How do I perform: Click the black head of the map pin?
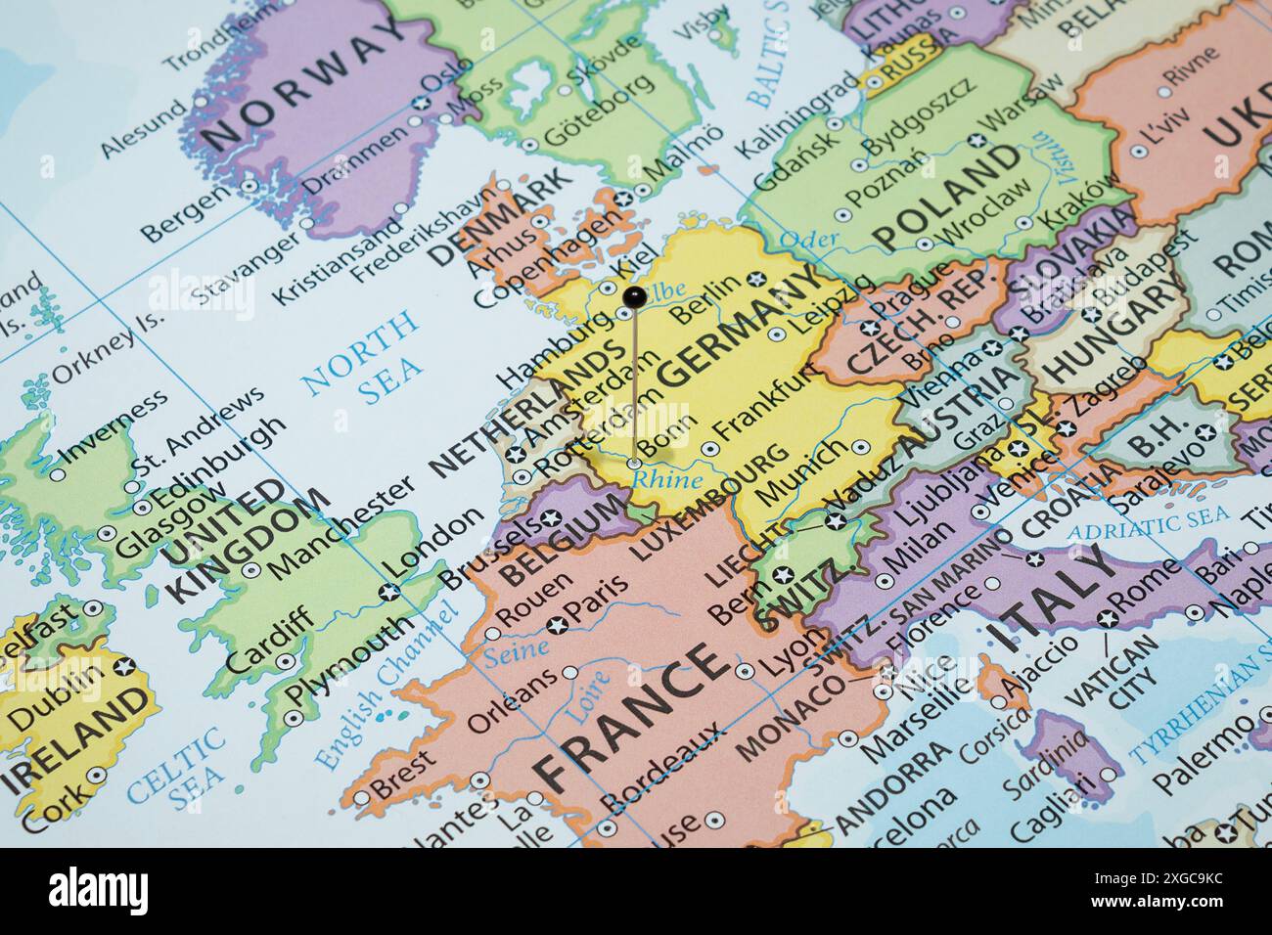[x=633, y=294]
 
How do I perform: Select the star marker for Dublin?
[x=123, y=667]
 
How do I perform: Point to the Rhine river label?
[x=666, y=480]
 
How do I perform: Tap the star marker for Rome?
[x=1107, y=618]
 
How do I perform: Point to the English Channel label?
[x=386, y=686]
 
